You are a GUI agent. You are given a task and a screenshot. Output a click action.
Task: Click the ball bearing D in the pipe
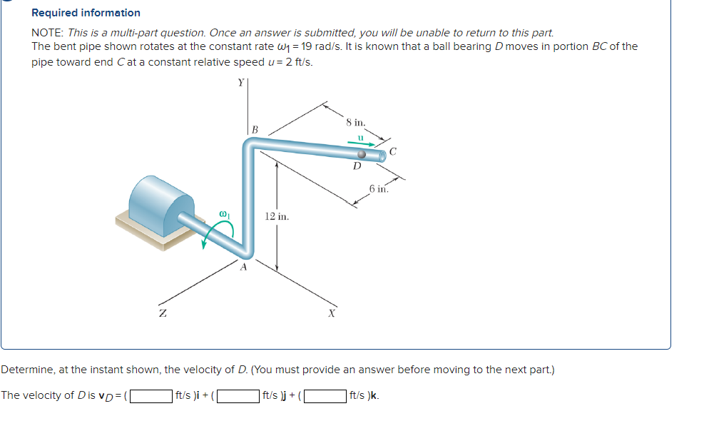pos(362,154)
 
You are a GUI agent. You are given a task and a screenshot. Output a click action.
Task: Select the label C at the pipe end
pos(393,151)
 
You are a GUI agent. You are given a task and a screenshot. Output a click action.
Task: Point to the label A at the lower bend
pos(243,268)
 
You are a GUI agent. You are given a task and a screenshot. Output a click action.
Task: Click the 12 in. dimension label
pos(276,216)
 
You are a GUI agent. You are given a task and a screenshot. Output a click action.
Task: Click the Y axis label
pos(240,83)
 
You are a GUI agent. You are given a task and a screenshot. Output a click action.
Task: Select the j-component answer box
pos(238,395)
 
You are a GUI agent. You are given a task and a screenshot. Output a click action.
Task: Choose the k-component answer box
pos(325,395)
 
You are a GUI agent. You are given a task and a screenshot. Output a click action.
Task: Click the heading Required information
pos(86,13)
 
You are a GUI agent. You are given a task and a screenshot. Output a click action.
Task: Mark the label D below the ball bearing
pos(358,167)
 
